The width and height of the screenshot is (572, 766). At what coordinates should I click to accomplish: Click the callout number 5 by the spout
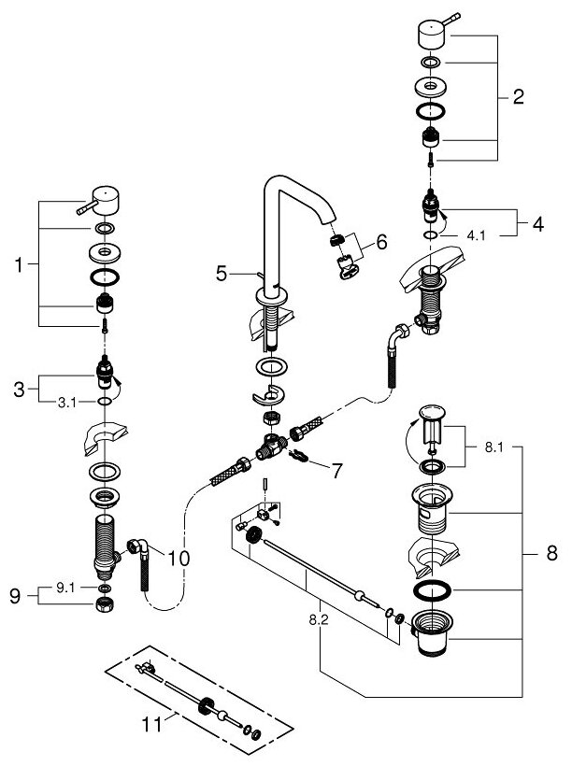222,273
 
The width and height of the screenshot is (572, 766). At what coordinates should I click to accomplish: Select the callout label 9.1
66,589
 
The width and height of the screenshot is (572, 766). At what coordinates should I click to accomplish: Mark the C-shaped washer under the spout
270,392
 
